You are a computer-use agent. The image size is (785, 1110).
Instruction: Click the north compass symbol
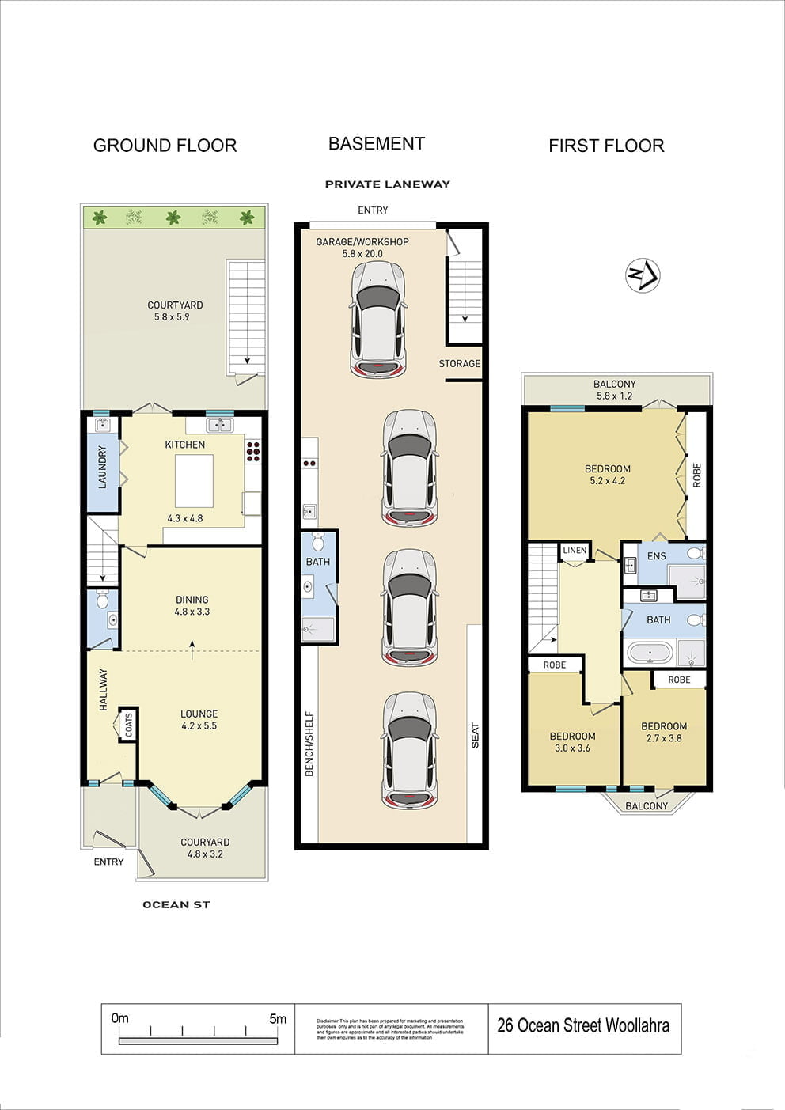643,276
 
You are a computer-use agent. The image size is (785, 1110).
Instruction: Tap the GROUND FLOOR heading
165,146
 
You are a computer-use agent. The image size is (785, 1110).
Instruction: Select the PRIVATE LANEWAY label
387,184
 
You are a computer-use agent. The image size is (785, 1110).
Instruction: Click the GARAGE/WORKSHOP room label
362,242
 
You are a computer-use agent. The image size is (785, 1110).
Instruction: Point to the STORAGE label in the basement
460,364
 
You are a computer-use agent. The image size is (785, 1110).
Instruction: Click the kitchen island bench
194,481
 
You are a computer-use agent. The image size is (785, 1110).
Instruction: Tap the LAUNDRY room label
102,467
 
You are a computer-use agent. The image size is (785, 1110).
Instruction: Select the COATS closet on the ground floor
128,725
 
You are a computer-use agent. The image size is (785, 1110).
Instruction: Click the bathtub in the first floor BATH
650,653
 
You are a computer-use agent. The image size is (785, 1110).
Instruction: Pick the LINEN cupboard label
575,551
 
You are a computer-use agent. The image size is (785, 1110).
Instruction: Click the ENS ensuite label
657,556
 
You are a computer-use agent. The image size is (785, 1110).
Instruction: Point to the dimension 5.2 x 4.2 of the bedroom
608,481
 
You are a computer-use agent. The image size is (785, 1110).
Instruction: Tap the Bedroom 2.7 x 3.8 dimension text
664,739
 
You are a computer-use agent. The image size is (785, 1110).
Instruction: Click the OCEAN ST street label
176,904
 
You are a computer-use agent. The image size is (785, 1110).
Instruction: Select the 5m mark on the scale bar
278,1019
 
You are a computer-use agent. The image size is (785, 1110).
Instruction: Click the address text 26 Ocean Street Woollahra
583,1026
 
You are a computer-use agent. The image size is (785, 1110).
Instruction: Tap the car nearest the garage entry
378,320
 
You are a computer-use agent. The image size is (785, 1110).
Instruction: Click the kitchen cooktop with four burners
253,451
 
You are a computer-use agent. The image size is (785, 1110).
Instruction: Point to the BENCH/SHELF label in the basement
309,744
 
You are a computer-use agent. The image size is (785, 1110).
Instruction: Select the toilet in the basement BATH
318,542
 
